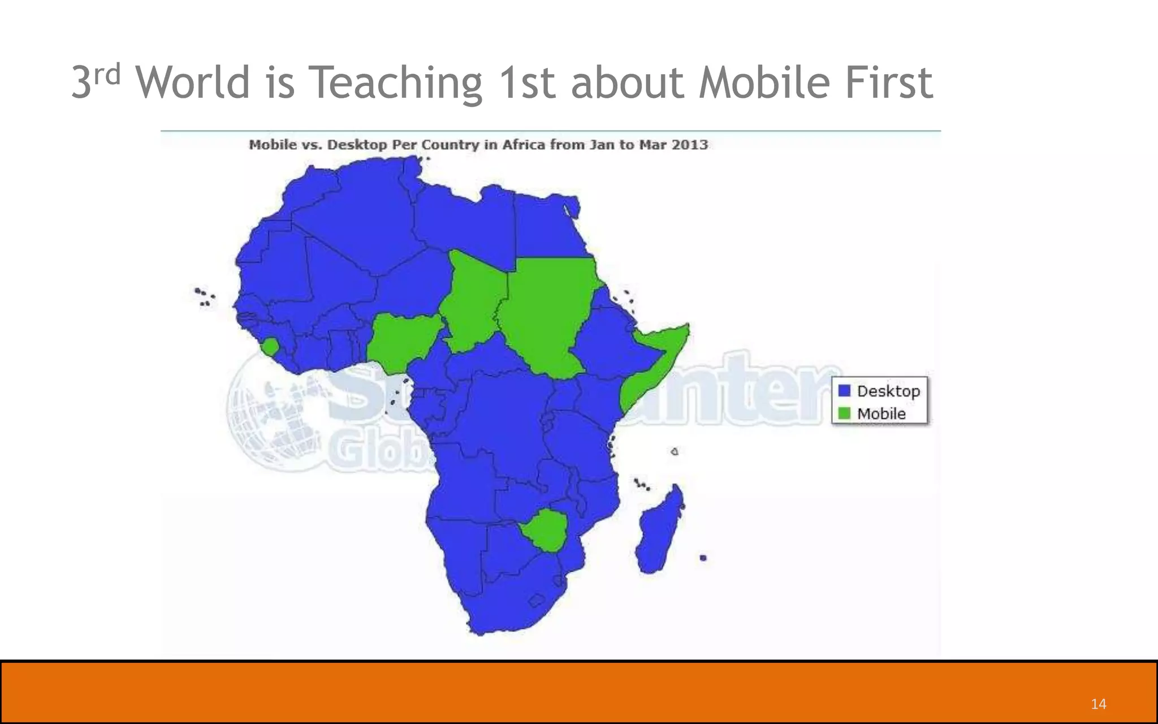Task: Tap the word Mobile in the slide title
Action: click(x=764, y=83)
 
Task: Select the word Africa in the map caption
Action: click(x=524, y=145)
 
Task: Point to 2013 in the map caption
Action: click(x=689, y=145)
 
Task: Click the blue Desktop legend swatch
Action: click(x=844, y=391)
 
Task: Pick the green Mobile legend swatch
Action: click(x=844, y=413)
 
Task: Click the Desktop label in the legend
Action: click(x=888, y=391)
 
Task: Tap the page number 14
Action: click(x=1098, y=704)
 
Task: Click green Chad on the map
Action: click(x=472, y=300)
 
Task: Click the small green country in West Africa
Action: click(x=270, y=346)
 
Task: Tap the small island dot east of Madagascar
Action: click(x=703, y=558)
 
